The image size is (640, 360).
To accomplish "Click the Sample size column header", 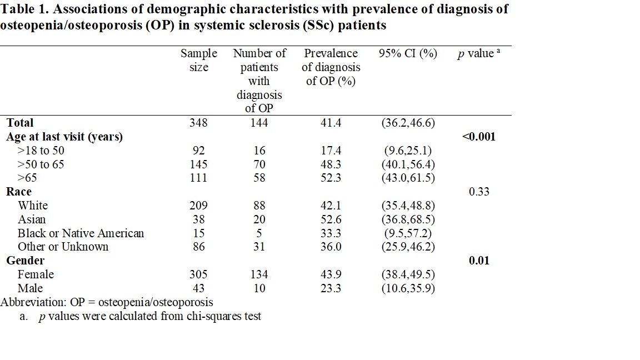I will [x=198, y=61].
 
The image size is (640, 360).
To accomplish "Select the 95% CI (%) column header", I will [x=408, y=53].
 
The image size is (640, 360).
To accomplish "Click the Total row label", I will [x=20, y=123].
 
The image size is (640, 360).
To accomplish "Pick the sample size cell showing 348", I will [x=198, y=123].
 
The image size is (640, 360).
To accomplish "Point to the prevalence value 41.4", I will [x=331, y=123].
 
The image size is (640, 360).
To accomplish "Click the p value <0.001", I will [x=478, y=137].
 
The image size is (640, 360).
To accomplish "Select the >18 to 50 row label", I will [x=41, y=151].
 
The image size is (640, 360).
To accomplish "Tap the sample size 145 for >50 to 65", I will [x=198, y=164].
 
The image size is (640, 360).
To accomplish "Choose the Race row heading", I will [x=19, y=192].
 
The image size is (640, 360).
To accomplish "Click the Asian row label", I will [x=32, y=219].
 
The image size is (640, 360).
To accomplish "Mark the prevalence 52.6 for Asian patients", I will [x=331, y=219].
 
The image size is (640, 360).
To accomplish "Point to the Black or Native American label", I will [x=81, y=233].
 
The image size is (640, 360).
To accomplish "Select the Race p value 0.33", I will [x=479, y=192].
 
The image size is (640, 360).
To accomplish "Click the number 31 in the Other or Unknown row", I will [x=259, y=247].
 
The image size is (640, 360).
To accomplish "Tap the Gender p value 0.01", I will [x=479, y=261].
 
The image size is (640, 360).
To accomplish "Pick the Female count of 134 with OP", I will [x=259, y=274].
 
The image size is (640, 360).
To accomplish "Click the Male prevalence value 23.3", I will [x=331, y=288].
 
